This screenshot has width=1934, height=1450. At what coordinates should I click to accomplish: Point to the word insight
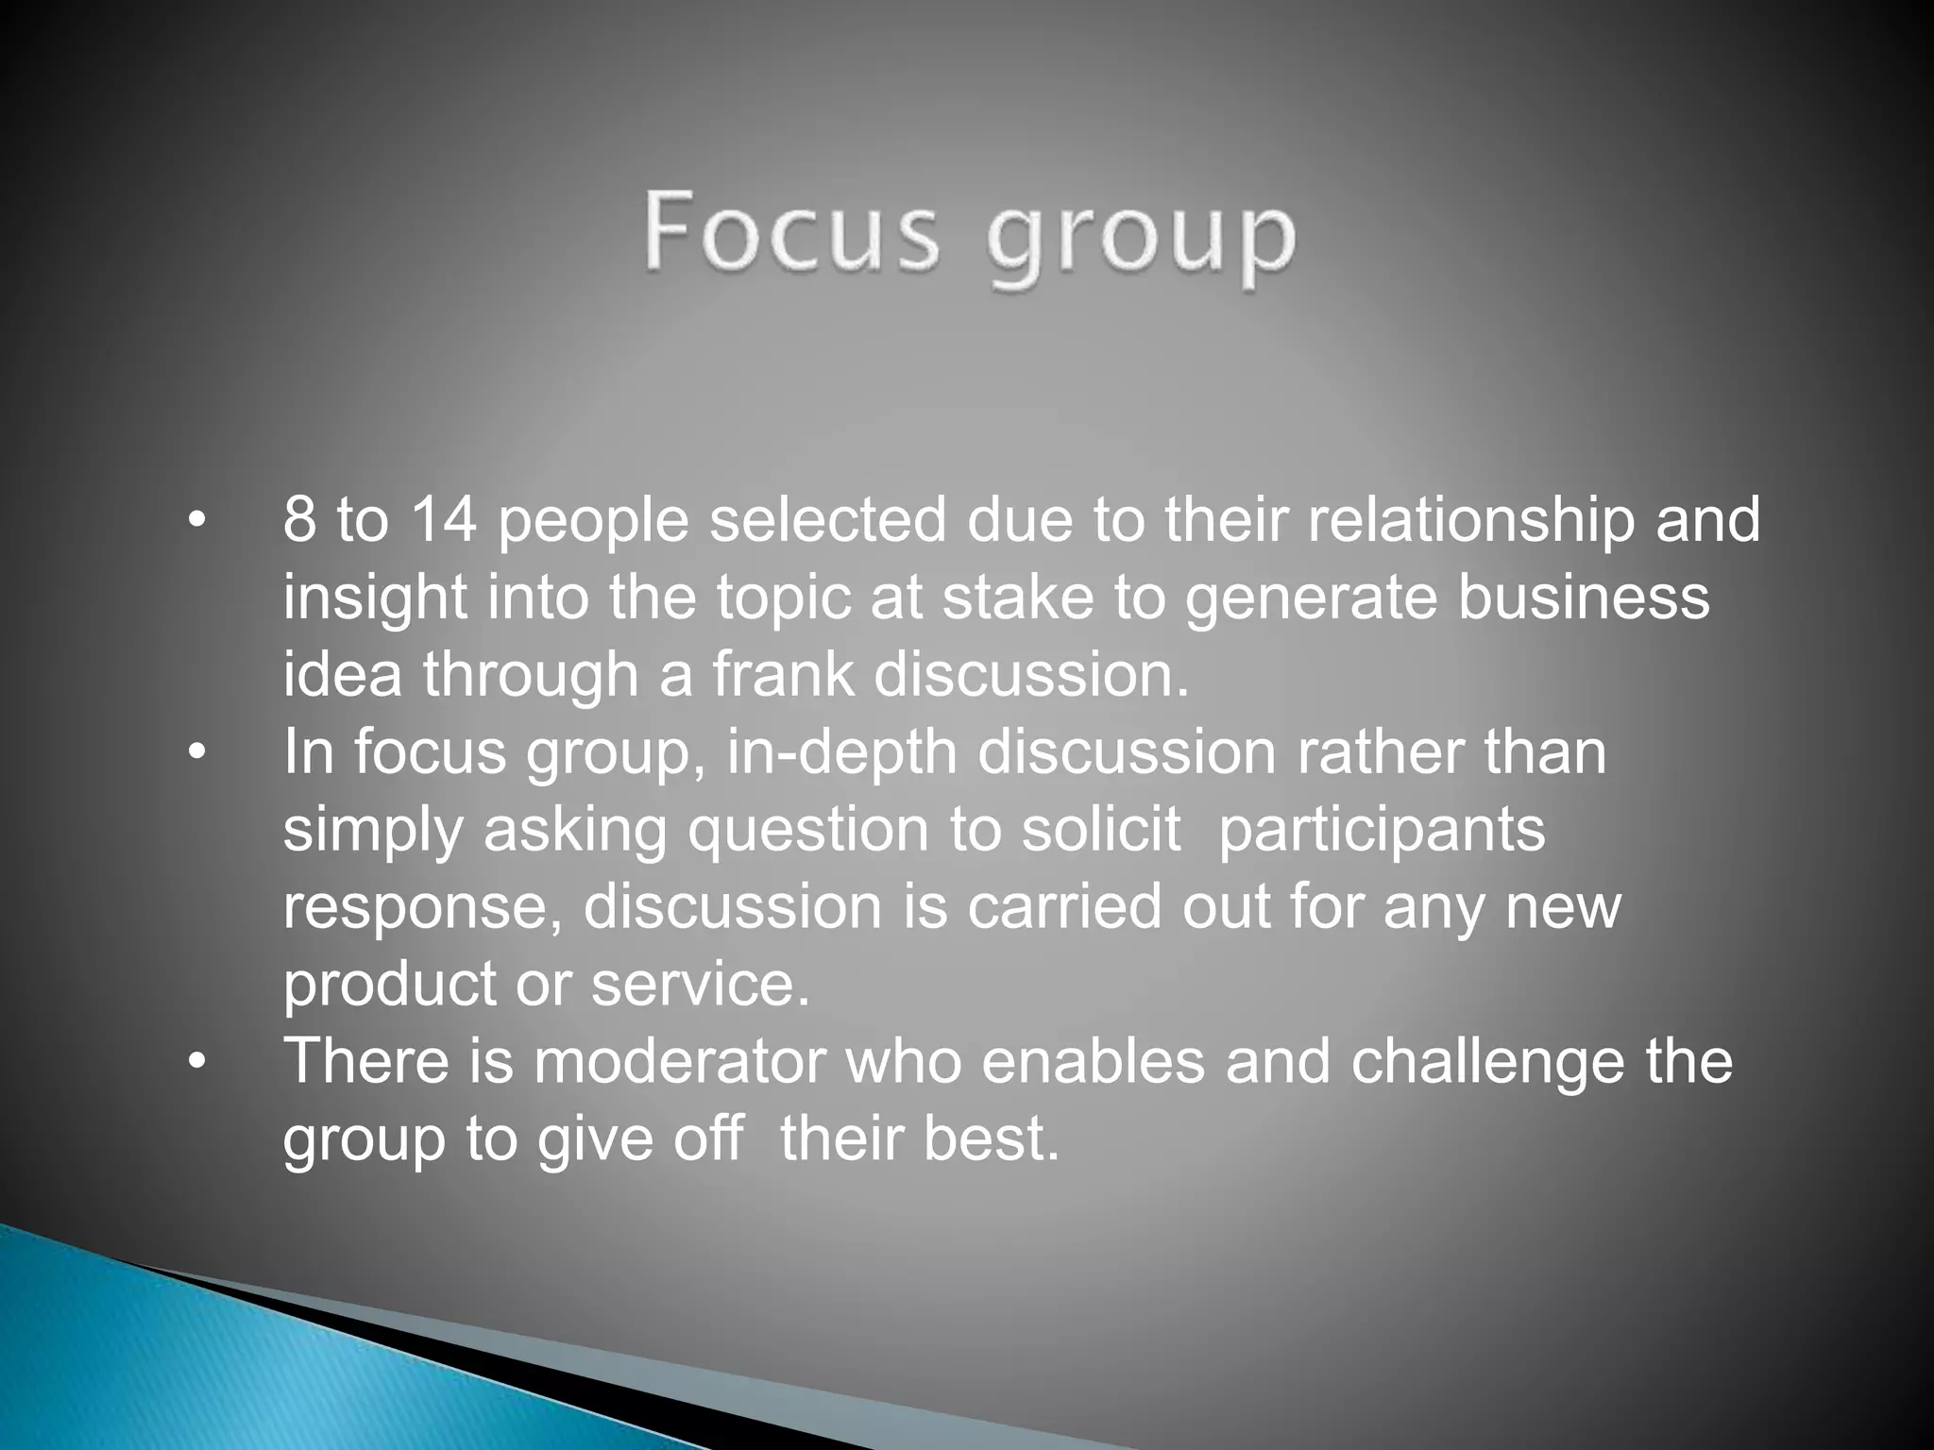(x=374, y=599)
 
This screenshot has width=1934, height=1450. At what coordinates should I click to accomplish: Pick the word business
(x=1584, y=598)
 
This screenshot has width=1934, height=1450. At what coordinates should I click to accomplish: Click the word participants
(x=1382, y=832)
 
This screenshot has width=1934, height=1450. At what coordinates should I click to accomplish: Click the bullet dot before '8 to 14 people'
(x=195, y=523)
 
